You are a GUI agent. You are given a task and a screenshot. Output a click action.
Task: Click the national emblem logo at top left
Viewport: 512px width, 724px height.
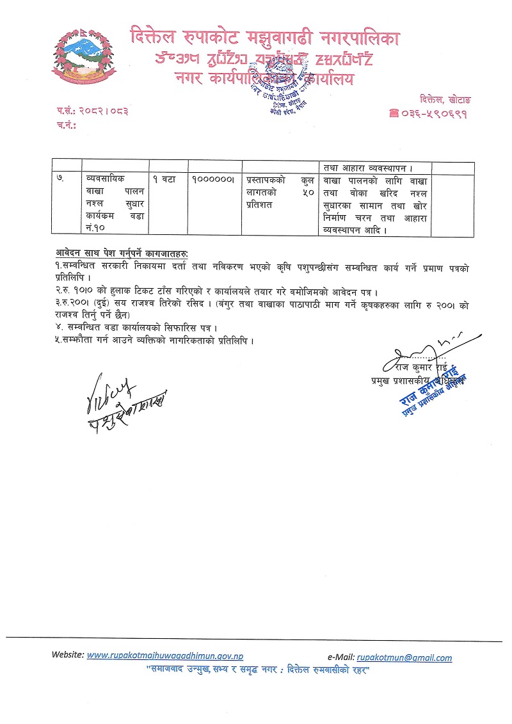click(81, 58)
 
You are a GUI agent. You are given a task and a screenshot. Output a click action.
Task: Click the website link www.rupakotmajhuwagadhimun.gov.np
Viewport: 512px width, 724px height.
click(164, 656)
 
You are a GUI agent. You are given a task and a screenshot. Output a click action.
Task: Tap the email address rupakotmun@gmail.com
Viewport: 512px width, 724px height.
click(404, 657)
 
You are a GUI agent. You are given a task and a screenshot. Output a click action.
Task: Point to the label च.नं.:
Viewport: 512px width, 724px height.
click(66, 125)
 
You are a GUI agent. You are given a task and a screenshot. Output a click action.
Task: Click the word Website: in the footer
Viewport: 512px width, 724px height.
click(67, 656)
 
